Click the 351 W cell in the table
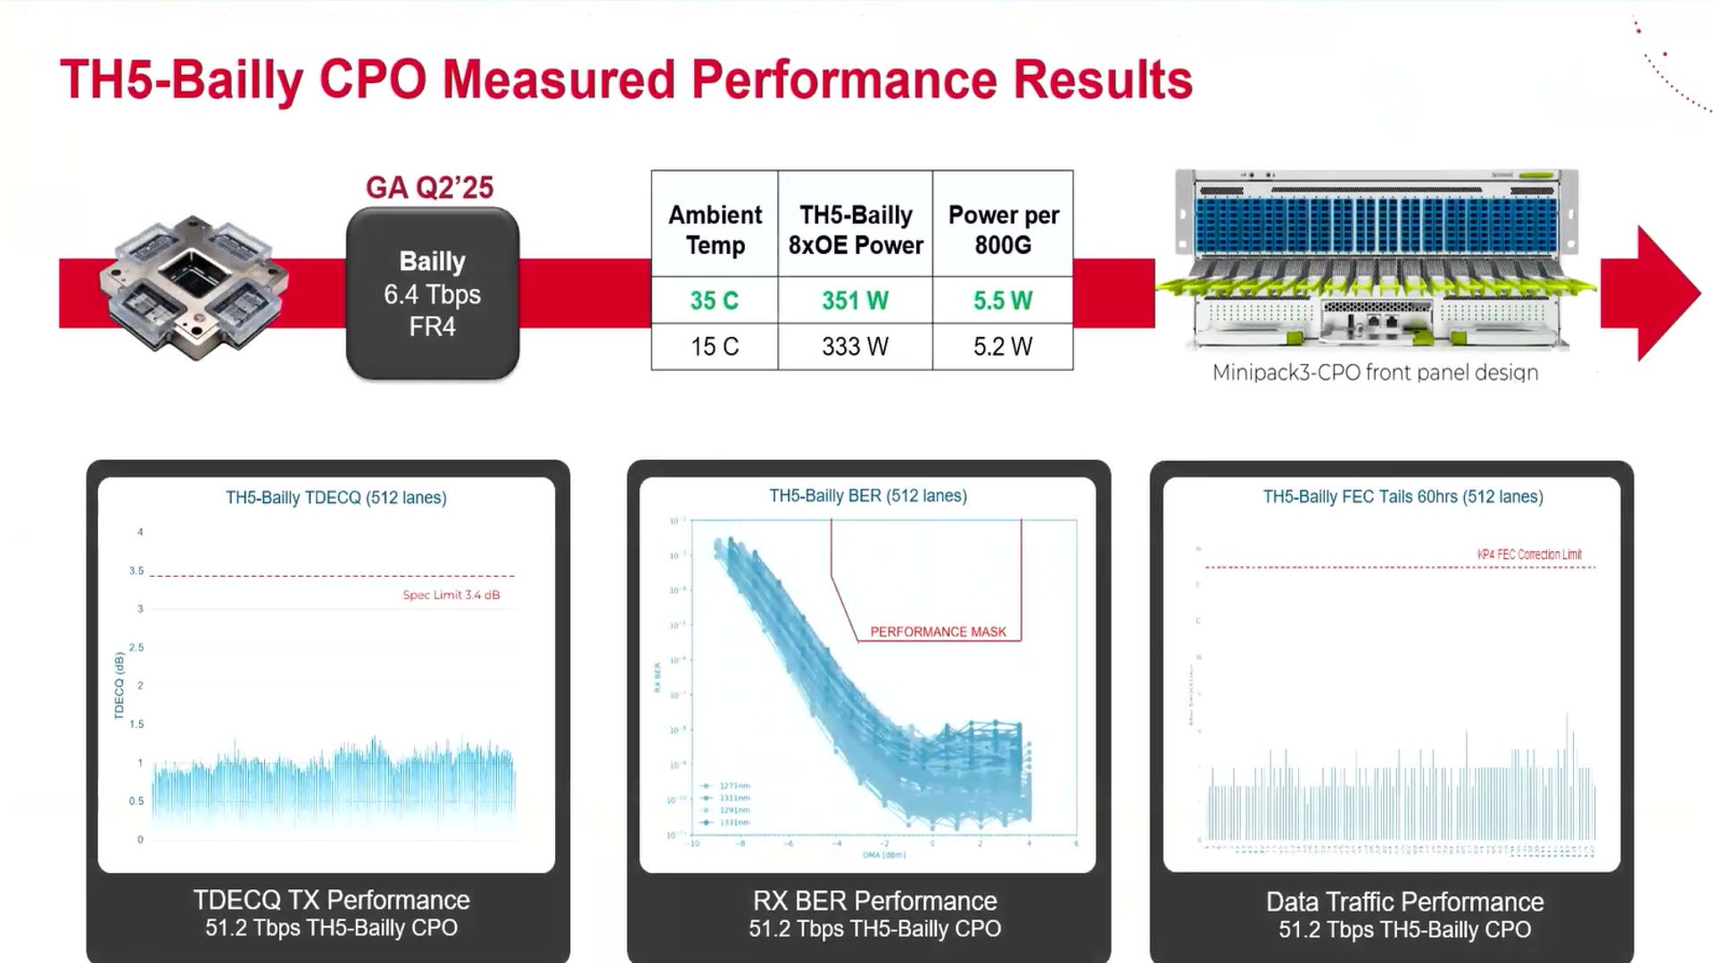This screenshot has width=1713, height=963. tap(855, 300)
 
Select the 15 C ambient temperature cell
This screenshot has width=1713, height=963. tap(714, 346)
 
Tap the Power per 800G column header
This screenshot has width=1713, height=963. tap(1003, 230)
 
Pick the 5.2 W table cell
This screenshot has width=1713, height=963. tap(1003, 346)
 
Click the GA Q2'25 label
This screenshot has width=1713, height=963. tap(429, 187)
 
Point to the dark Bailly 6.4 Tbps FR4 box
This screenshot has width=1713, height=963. tap(433, 294)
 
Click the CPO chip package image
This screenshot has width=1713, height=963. tap(194, 287)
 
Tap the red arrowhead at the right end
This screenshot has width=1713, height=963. tap(1659, 293)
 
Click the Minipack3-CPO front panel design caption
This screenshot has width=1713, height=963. tap(1375, 373)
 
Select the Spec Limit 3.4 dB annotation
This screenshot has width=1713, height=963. tap(451, 595)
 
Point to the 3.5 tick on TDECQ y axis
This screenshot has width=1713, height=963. tap(137, 571)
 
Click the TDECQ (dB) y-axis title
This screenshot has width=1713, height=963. tap(119, 686)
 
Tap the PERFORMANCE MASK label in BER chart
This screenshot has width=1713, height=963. tap(938, 631)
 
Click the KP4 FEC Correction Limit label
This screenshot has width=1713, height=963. tap(1529, 554)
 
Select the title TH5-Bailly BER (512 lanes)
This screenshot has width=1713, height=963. tap(868, 496)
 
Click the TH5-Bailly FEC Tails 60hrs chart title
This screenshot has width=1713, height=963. tap(1403, 497)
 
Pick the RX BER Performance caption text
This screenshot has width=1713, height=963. tap(874, 901)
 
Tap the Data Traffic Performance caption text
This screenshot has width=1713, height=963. tap(1404, 901)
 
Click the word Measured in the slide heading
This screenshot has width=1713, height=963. tap(559, 80)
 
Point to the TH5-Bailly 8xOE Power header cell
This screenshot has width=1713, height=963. tap(855, 230)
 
